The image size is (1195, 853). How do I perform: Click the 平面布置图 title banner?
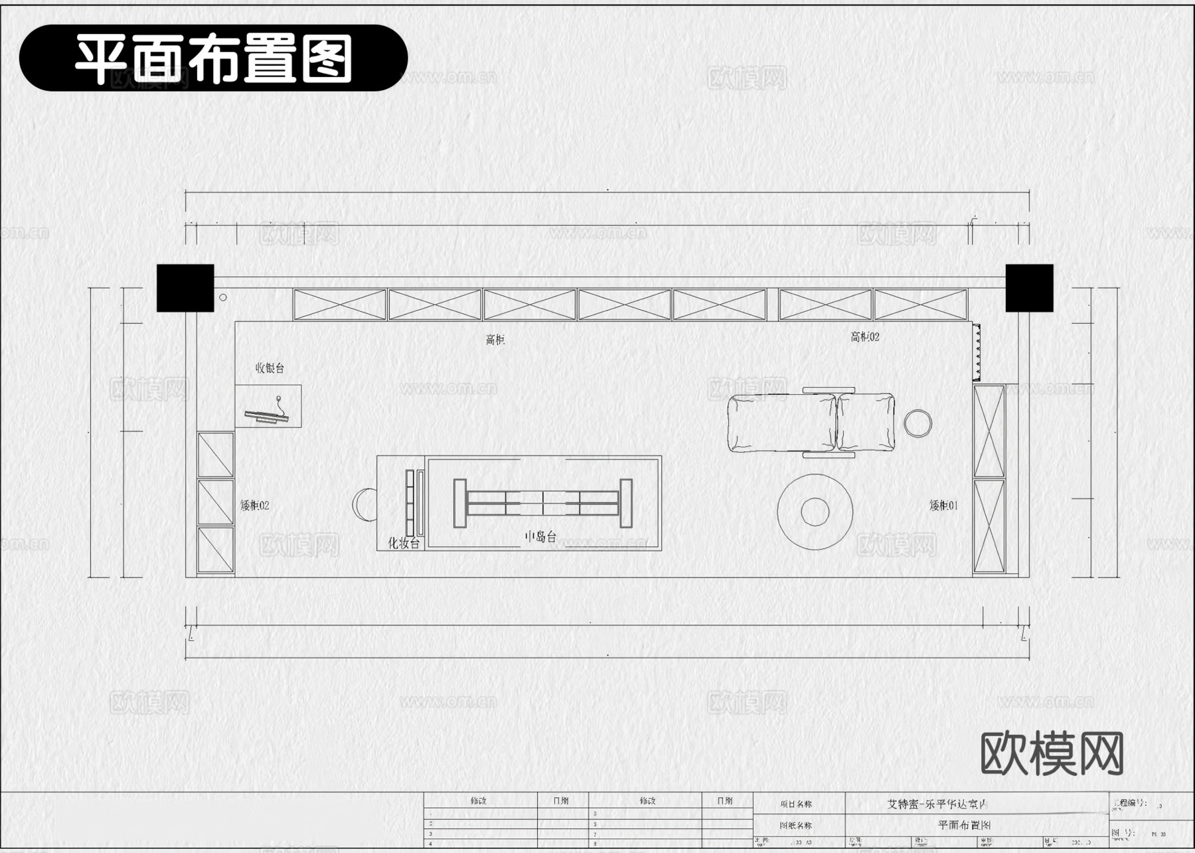[213, 58]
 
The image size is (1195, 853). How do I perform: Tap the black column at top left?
[185, 288]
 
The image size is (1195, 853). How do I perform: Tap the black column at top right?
[1029, 288]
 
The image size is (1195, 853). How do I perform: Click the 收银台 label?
[270, 368]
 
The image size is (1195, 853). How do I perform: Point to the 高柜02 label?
[865, 337]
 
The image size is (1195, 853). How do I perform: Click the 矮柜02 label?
[255, 505]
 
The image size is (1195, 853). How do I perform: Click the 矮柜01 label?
[943, 505]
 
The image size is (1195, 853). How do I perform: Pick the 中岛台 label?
[540, 536]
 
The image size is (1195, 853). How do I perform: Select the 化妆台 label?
[404, 543]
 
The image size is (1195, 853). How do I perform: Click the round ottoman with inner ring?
[815, 511]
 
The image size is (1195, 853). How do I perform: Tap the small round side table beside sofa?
[917, 423]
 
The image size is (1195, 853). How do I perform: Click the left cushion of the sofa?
[781, 423]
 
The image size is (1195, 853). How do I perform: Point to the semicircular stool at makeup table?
[364, 504]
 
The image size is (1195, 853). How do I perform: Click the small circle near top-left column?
[223, 297]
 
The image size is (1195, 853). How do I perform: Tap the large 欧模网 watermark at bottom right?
[1052, 753]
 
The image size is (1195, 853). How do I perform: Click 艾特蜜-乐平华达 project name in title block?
[937, 804]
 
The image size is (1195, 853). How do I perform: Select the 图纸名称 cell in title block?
[796, 826]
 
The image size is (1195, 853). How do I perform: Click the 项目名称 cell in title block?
[796, 804]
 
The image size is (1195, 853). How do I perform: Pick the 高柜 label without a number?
[495, 340]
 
